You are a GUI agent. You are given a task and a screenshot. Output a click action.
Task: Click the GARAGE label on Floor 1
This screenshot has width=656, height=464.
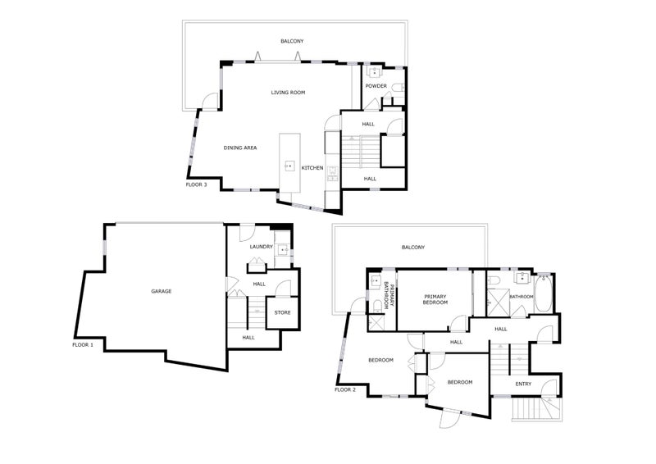tap(161, 291)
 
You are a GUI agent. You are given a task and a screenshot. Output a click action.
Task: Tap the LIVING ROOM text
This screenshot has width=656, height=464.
tap(288, 93)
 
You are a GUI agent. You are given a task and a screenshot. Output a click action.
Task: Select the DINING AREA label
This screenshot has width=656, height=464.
tap(240, 148)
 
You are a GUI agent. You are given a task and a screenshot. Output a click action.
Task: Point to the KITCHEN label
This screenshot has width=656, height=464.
tap(312, 168)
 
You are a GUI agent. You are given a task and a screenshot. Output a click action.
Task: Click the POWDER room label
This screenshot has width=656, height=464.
tap(376, 86)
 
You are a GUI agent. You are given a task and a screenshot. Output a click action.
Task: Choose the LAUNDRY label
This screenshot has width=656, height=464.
tap(261, 247)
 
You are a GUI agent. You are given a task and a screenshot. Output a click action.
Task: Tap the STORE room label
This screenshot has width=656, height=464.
tap(282, 312)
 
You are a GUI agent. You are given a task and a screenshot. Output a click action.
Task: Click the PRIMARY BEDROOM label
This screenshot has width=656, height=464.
tap(435, 299)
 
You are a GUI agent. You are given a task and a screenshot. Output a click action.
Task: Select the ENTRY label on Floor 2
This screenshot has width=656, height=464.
tap(523, 384)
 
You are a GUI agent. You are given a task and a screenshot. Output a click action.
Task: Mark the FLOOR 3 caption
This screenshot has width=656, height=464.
tap(196, 184)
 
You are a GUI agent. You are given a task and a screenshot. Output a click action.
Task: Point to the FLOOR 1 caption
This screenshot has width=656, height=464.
tap(83, 345)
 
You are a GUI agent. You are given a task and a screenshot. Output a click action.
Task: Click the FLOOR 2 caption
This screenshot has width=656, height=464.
tap(345, 390)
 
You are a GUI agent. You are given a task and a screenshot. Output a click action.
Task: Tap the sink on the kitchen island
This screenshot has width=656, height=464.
tap(289, 166)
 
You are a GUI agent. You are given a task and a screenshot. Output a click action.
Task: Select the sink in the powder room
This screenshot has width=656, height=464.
tap(374, 72)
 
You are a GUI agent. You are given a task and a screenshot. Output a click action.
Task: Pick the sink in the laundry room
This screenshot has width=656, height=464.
tap(284, 250)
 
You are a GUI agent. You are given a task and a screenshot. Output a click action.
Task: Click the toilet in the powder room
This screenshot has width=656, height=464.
tap(399, 87)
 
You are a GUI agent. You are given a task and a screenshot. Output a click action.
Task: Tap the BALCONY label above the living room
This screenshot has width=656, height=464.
tap(292, 41)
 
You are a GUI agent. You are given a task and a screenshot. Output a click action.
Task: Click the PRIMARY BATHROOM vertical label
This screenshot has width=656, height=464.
tap(389, 297)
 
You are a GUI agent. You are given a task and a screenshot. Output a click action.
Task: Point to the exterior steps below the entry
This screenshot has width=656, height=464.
tap(531, 408)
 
